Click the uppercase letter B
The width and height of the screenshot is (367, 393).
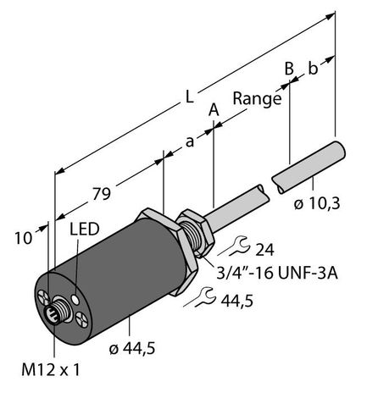tap(289, 66)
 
